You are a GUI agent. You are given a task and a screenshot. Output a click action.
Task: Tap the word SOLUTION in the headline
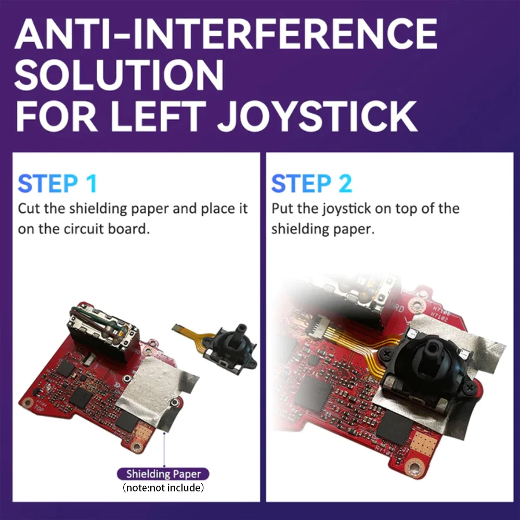(119, 75)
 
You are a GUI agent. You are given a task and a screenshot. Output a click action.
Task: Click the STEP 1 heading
(57, 184)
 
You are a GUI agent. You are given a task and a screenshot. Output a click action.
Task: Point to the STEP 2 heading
(311, 184)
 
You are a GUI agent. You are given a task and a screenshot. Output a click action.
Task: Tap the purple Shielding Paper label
(163, 474)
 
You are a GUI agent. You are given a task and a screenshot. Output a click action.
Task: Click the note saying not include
(163, 488)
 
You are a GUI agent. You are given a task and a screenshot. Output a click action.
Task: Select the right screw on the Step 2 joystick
(469, 386)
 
